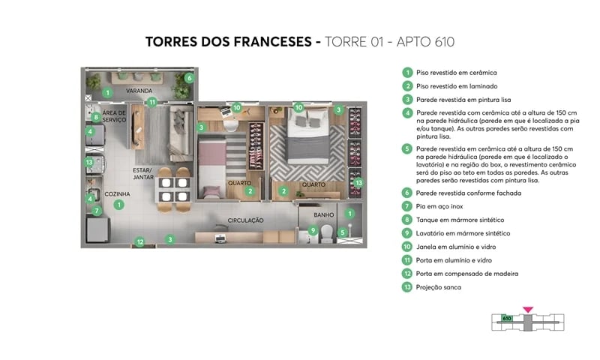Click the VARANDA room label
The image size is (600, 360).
(x=139, y=91)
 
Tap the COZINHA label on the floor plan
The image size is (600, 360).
(x=117, y=194)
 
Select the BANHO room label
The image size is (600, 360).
(x=323, y=214)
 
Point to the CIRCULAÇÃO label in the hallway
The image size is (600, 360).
(x=245, y=220)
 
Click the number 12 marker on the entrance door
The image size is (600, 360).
(x=139, y=241)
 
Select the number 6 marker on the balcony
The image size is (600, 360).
(x=189, y=78)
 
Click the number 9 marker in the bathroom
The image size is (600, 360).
(x=313, y=231)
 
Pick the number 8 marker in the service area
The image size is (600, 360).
(x=96, y=117)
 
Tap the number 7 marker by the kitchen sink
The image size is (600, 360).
(x=96, y=211)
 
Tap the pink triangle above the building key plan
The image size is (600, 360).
(x=527, y=308)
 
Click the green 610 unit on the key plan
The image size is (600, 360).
(x=507, y=319)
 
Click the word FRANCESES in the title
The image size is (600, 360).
(x=266, y=42)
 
